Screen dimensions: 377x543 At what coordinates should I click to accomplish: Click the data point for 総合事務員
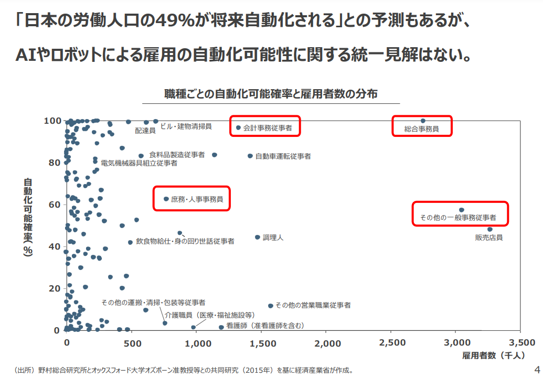coord(423,121)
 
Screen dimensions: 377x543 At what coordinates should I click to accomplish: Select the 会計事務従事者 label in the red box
coord(268,127)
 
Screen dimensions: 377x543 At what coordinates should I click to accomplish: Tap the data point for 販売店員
coord(490,229)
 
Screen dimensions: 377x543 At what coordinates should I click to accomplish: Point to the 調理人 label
coord(273,238)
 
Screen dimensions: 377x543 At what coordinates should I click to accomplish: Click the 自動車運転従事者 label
coord(283,156)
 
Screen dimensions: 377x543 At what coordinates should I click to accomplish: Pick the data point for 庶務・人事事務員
coord(166,199)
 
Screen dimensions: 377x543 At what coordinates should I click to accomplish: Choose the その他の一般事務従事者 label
coord(458,217)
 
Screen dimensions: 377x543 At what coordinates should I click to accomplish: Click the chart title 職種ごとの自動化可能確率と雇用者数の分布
coord(271,94)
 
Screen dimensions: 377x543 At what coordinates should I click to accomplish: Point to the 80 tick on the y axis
coord(55,163)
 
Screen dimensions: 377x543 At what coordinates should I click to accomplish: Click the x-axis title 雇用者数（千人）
coord(493,356)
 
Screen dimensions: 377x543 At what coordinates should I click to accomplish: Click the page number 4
coord(536,368)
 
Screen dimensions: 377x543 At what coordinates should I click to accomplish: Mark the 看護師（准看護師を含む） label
coord(265,326)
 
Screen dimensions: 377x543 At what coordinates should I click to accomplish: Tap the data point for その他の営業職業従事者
coord(271,306)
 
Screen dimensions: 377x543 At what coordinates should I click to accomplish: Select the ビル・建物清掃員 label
coord(186,126)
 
